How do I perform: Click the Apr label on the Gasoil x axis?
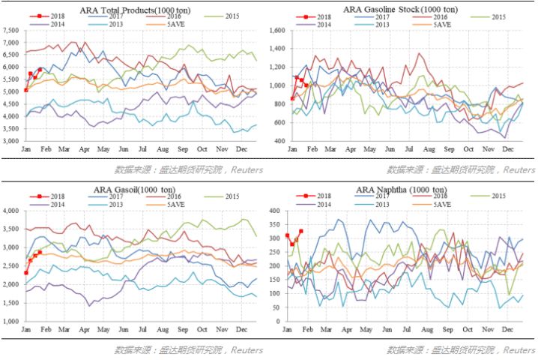tap(85, 330)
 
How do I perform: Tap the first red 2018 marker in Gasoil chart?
tap(25, 273)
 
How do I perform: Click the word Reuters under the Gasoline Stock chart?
tap(519, 170)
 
